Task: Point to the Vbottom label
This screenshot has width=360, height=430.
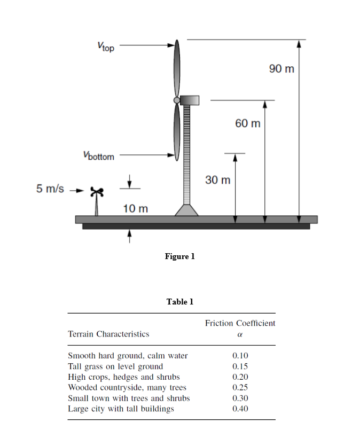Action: click(98, 156)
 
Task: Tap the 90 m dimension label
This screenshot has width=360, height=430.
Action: click(281, 69)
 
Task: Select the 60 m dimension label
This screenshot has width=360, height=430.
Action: click(248, 123)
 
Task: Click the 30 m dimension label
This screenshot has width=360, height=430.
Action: click(217, 179)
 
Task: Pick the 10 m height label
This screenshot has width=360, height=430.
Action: click(136, 208)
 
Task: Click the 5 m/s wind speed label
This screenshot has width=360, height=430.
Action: click(50, 189)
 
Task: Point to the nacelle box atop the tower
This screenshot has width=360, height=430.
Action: click(190, 100)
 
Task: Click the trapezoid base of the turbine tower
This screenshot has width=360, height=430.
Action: click(186, 209)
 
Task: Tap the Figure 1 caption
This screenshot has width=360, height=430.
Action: click(180, 256)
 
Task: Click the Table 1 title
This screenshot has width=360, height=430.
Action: click(180, 302)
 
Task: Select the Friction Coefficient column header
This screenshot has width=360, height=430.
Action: click(240, 323)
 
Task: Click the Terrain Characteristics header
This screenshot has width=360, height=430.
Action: click(108, 334)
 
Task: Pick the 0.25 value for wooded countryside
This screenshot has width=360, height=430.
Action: click(240, 387)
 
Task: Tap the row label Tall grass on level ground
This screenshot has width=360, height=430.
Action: click(115, 366)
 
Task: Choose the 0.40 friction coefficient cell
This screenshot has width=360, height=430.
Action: click(240, 409)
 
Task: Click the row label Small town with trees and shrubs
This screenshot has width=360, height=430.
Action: click(129, 398)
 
